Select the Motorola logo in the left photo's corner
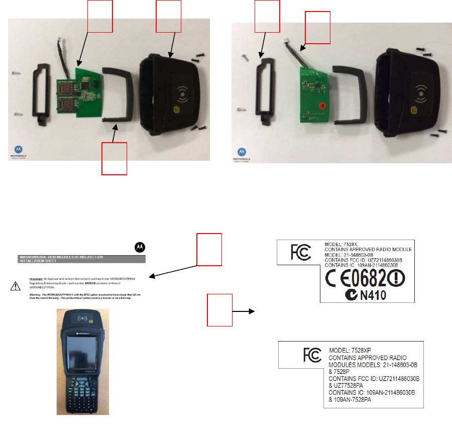pyautogui.click(x=18, y=150)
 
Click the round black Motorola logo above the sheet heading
pyautogui.click(x=139, y=247)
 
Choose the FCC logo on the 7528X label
pyautogui.click(x=300, y=251)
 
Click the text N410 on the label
pyautogui.click(x=372, y=295)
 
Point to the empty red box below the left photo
pyautogui.click(x=114, y=158)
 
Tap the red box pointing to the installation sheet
pyautogui.click(x=209, y=249)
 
